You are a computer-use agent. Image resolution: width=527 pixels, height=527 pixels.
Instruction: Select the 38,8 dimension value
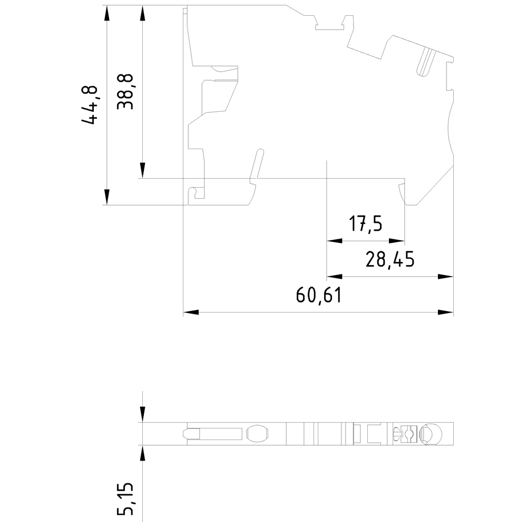click(x=125, y=91)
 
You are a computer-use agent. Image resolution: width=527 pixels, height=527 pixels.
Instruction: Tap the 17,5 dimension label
click(x=366, y=224)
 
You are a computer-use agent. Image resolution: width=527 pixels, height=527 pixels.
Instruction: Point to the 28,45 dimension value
click(x=390, y=259)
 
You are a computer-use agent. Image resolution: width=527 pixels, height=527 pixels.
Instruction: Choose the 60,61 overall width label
click(x=319, y=295)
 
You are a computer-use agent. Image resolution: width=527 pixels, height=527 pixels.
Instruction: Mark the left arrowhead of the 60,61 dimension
click(x=190, y=313)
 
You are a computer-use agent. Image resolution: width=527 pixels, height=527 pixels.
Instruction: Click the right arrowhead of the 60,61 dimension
click(x=446, y=313)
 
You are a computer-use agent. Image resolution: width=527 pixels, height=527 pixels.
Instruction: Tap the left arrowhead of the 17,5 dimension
click(x=334, y=241)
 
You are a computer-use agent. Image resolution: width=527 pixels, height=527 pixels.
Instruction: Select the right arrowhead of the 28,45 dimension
click(x=446, y=276)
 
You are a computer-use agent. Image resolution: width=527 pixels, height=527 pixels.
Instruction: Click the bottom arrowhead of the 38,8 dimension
click(x=142, y=171)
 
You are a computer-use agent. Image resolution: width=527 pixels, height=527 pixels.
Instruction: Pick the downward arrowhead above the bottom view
click(x=142, y=415)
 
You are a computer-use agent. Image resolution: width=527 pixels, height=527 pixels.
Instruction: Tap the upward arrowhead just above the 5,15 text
click(x=142, y=453)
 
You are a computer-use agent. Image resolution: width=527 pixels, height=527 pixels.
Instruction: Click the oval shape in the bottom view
click(x=257, y=434)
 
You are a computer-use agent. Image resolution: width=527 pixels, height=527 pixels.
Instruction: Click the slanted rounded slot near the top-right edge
click(x=425, y=63)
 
